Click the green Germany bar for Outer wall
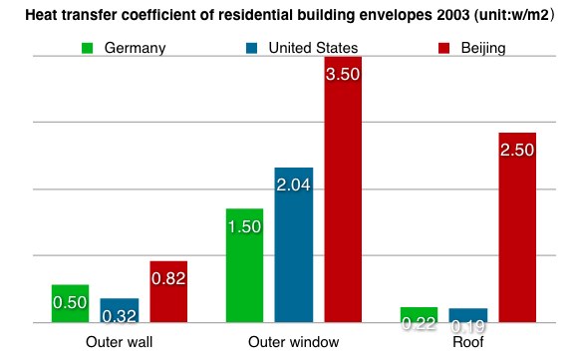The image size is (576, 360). click(x=70, y=304)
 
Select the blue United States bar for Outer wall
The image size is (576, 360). click(x=120, y=311)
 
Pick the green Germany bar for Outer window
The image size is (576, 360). click(x=244, y=266)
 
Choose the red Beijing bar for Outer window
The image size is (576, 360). click(x=343, y=190)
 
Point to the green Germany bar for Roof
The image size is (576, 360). click(x=419, y=315)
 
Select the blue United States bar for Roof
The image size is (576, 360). click(x=468, y=316)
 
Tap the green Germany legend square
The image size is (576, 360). click(x=87, y=48)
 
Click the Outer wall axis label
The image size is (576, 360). click(x=119, y=342)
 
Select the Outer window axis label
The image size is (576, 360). click(x=293, y=342)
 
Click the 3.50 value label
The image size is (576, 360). click(x=343, y=74)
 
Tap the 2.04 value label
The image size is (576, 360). click(x=294, y=184)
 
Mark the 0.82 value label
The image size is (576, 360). click(x=168, y=278)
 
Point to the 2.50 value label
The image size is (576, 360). click(x=517, y=150)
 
